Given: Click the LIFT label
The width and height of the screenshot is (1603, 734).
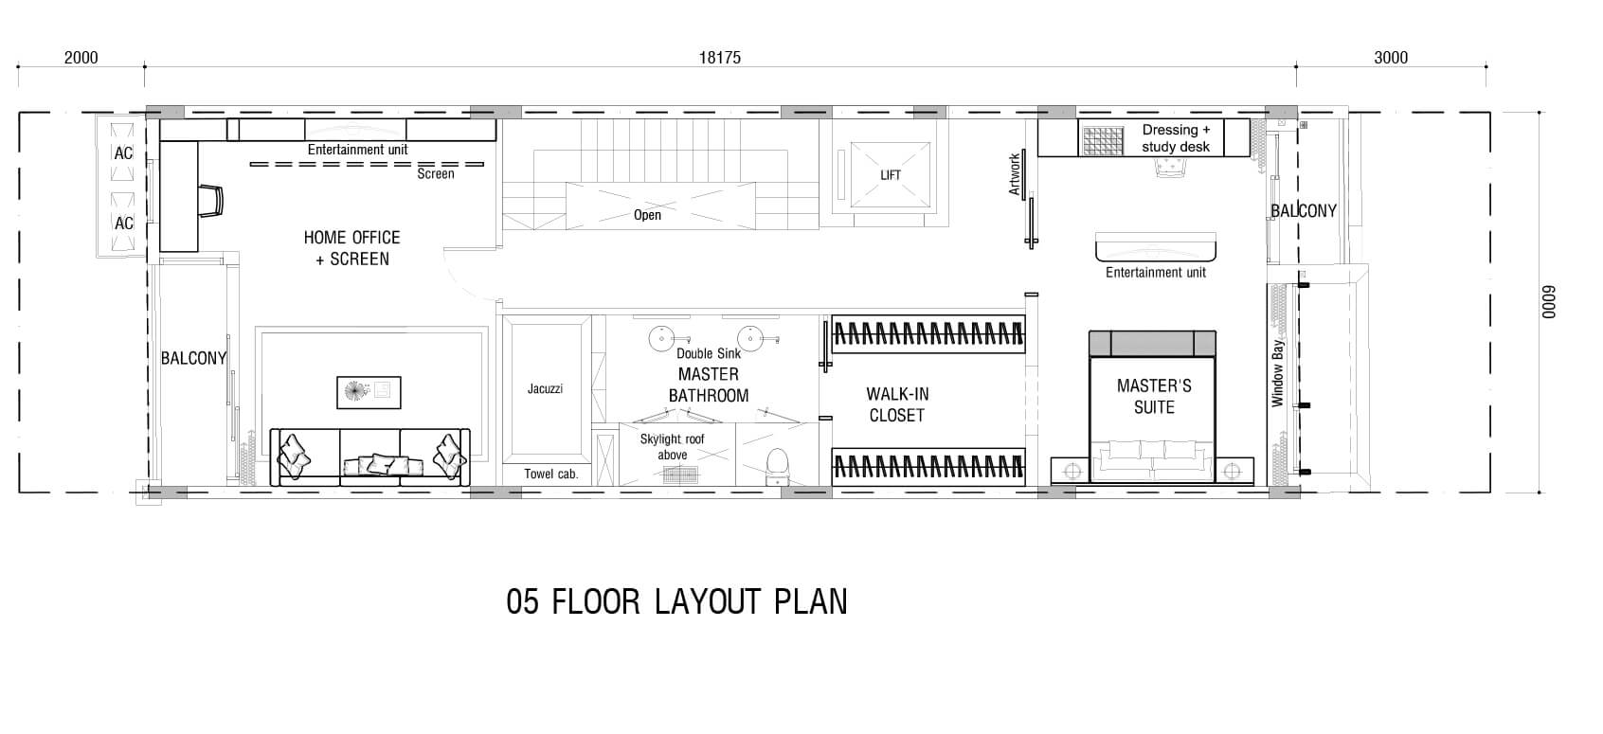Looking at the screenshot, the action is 891,175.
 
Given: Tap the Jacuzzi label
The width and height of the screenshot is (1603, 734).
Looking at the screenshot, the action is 545,388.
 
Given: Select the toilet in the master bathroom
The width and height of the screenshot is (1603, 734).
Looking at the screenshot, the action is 777,466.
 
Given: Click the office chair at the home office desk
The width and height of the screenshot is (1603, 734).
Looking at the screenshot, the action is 211,201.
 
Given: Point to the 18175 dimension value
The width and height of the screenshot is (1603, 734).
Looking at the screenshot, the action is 719,58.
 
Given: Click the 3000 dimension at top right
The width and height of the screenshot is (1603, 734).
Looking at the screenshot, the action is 1391,58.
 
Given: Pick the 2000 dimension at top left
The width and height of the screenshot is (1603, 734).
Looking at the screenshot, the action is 81,58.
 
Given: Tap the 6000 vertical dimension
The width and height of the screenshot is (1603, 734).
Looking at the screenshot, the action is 1548,302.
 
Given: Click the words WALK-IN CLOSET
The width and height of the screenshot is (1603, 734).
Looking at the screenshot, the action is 896,404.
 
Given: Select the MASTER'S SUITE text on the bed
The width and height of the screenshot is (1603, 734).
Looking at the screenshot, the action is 1154,396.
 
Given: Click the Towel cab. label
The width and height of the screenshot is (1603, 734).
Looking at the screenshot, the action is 550,474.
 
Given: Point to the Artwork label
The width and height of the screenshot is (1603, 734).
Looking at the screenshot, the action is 1014,174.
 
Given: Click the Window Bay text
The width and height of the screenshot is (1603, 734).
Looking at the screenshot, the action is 1277,373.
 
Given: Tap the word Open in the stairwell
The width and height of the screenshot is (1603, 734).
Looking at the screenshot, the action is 647,215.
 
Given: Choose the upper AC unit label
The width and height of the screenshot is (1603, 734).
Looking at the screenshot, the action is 124,153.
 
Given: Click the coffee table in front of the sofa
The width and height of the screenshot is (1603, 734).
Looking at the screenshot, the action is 369,393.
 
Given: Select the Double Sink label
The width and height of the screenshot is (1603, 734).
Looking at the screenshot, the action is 709,353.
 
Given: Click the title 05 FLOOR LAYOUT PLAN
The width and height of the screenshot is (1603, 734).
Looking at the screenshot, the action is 676,601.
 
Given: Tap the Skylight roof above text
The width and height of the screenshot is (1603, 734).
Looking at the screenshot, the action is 672,447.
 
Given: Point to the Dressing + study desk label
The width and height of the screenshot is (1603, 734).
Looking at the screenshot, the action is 1176,138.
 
